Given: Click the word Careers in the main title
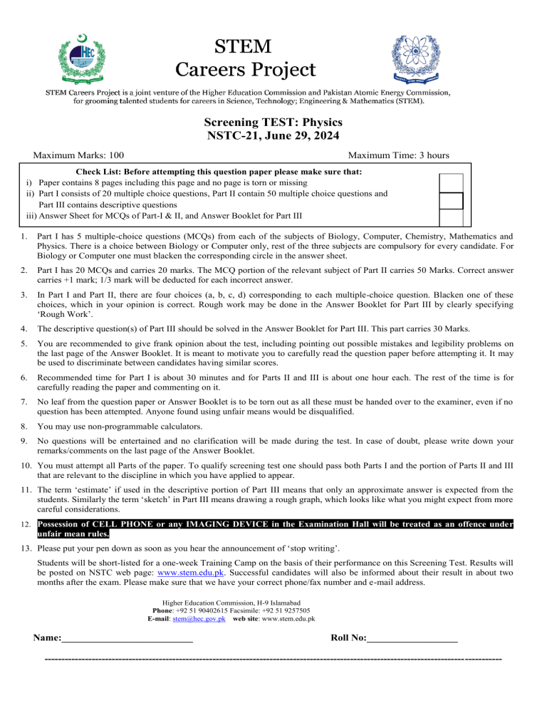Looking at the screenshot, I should pos(222,70).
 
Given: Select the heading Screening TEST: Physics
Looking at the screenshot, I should pos(273,122).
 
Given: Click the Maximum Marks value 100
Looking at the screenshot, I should pos(120,155).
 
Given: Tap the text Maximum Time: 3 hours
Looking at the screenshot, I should pos(397,155).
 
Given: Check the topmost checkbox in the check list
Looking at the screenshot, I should pos(452,182).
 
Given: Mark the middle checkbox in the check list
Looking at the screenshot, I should pos(452,201).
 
